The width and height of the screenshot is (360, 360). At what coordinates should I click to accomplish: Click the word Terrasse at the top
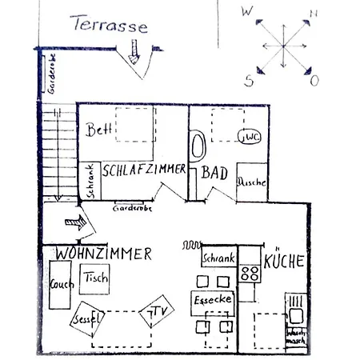pyautogui.click(x=109, y=25)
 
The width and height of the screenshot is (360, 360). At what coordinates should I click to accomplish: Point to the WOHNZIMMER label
pyautogui.click(x=104, y=254)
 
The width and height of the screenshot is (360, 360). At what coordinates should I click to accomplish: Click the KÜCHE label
pyautogui.click(x=285, y=260)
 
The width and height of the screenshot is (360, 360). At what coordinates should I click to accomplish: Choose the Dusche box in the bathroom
pyautogui.click(x=251, y=182)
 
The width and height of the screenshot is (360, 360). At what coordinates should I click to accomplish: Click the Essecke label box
pyautogui.click(x=212, y=300)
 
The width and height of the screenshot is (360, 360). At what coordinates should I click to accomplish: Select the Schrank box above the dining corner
pyautogui.click(x=218, y=258)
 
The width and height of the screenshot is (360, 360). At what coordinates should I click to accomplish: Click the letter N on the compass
pyautogui.click(x=314, y=14)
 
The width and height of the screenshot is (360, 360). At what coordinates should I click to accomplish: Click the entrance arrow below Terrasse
pyautogui.click(x=133, y=54)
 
